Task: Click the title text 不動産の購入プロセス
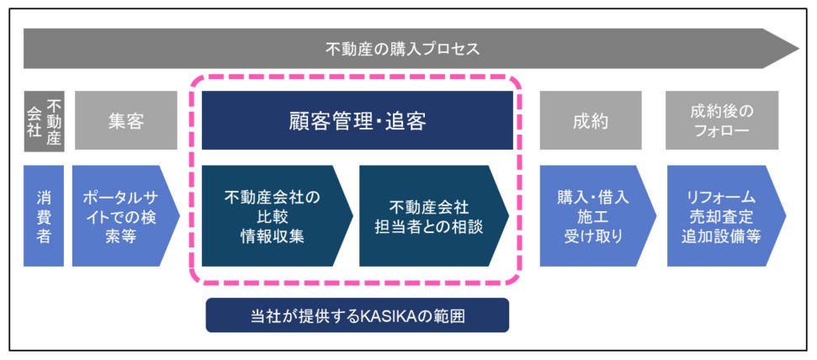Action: pos(401,50)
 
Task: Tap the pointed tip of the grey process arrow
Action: pos(798,49)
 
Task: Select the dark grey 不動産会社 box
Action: pos(44,121)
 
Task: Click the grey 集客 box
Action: pos(126,121)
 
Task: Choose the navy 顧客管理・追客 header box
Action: pos(358,121)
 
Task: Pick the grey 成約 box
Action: pos(591,121)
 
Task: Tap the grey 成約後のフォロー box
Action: pos(722,121)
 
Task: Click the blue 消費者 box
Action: pos(44,215)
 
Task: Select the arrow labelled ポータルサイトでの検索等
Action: pos(126,215)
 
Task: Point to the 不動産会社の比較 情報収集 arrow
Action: pos(277,215)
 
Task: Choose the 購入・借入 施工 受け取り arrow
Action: pos(597,215)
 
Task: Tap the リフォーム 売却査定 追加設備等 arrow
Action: pos(726,215)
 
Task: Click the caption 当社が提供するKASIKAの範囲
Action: pos(358,315)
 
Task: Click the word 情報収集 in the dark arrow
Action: pos(273,236)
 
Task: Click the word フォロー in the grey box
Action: pos(722,131)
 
